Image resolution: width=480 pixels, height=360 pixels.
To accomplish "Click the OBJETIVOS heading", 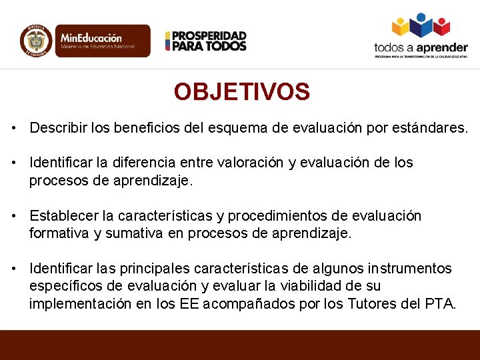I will [x=241, y=92].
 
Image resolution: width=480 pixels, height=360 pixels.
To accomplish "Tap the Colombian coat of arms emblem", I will [x=35, y=41].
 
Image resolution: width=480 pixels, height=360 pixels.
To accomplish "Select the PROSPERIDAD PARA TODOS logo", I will [x=206, y=41].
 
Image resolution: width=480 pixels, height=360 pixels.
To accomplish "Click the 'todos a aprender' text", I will [x=421, y=47].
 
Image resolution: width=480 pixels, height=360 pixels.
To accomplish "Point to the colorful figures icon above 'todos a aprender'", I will [x=421, y=25].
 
